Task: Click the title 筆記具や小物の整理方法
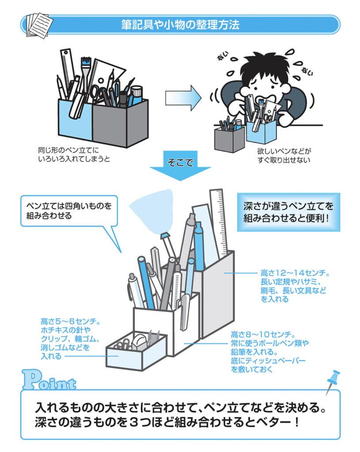180,25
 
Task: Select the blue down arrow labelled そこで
180,166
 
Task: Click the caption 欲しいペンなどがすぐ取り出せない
284,155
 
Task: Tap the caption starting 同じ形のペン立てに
74,154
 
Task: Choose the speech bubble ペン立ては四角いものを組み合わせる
69,211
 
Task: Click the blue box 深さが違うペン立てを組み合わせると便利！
288,212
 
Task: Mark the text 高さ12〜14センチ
295,273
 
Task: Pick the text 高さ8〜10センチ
263,335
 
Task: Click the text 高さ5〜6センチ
70,321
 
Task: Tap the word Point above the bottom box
49,380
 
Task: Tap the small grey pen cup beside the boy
229,139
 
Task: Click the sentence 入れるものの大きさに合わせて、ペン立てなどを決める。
181,407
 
